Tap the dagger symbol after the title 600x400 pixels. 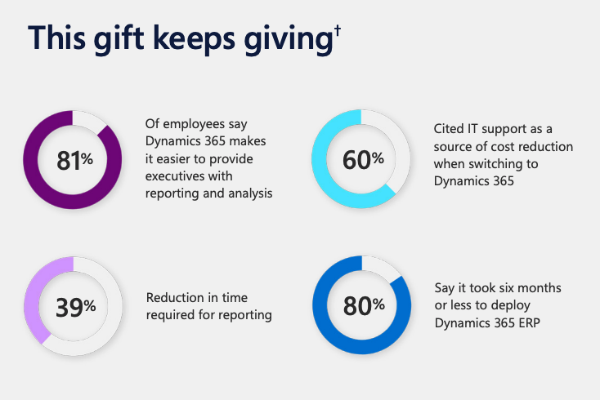[x=337, y=33]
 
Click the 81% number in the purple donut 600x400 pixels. [x=74, y=161]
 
